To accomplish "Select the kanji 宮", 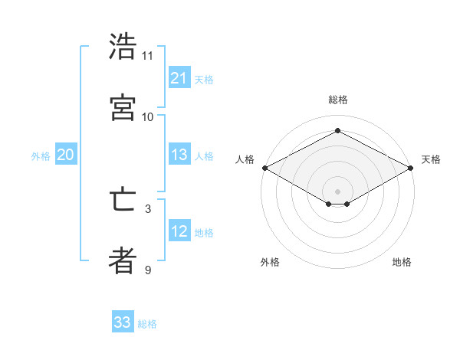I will [123, 108].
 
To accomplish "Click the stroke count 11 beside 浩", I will [148, 55].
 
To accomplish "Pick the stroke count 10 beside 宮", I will [148, 116].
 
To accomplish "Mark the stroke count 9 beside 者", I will [148, 270].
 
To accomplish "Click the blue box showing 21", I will [179, 78].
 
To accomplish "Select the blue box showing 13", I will [179, 155].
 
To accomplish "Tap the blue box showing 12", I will [179, 231].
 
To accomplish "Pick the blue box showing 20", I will [66, 155].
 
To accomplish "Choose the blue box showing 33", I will [123, 322].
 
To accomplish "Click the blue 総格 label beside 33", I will [147, 324].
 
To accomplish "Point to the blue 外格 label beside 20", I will [41, 156].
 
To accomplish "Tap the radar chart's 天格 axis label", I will [431, 159].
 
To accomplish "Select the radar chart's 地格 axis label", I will [402, 262].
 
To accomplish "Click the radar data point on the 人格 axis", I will [264, 168].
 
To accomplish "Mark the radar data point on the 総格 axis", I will [337, 130].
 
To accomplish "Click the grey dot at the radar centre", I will [337, 190].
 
